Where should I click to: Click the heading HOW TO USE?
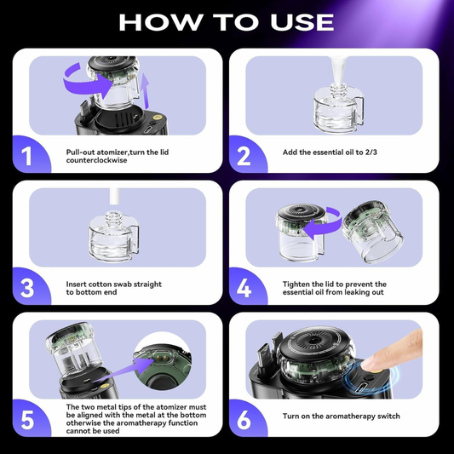click(x=227, y=20)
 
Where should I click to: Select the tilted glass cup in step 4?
click(x=373, y=234)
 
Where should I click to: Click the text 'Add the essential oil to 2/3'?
click(x=334, y=152)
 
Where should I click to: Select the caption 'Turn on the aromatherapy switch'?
click(x=341, y=417)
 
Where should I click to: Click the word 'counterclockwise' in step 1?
click(x=100, y=159)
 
